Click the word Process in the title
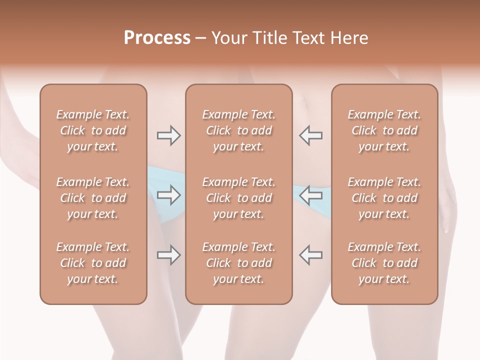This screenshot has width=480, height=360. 157,38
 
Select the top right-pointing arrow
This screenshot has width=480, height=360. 168,135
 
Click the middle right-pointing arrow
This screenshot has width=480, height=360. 168,195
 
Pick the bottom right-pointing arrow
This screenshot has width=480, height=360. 168,255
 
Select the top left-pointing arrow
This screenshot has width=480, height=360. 311,135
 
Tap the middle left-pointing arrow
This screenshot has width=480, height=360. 311,195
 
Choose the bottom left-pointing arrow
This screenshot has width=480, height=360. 311,255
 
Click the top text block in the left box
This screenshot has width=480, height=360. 93,130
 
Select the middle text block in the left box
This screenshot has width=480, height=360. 93,198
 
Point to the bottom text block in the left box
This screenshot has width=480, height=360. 93,263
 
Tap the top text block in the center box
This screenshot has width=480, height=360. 238,130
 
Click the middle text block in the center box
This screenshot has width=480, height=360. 238,198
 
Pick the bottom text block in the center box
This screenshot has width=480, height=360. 238,263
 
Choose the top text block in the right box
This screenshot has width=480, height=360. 384,130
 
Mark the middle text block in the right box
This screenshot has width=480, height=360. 384,198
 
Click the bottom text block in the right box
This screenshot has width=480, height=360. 384,263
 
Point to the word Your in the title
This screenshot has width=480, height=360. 228,38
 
